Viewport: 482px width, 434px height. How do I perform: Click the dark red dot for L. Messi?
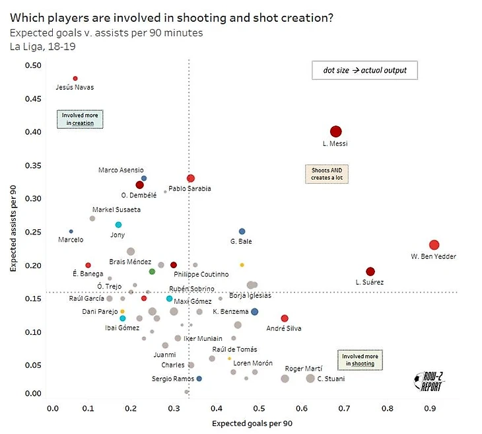[x=335, y=131]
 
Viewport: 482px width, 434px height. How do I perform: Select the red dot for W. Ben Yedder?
[x=434, y=245]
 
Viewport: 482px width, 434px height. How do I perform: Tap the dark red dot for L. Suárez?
[x=370, y=271]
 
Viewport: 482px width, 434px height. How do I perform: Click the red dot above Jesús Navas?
[x=75, y=79]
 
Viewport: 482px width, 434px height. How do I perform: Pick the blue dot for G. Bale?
[x=242, y=231]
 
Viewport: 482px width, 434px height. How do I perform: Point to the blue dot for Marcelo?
[x=71, y=231]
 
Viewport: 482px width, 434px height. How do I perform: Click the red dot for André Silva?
[x=285, y=318]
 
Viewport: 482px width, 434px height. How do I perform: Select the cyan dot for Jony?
[x=118, y=225]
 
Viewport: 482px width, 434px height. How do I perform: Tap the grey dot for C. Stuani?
[x=310, y=379]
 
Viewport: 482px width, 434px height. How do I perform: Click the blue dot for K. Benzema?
[x=255, y=312]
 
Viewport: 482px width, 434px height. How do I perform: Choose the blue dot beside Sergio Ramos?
[x=199, y=379]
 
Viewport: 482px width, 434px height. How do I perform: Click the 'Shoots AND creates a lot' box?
[x=326, y=174]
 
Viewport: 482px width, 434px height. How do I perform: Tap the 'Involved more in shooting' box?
[x=359, y=359]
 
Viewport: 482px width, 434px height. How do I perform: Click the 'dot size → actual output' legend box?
[x=365, y=70]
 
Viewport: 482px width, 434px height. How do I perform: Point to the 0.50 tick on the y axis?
[x=32, y=65]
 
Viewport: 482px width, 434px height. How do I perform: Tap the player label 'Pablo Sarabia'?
[x=189, y=189]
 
